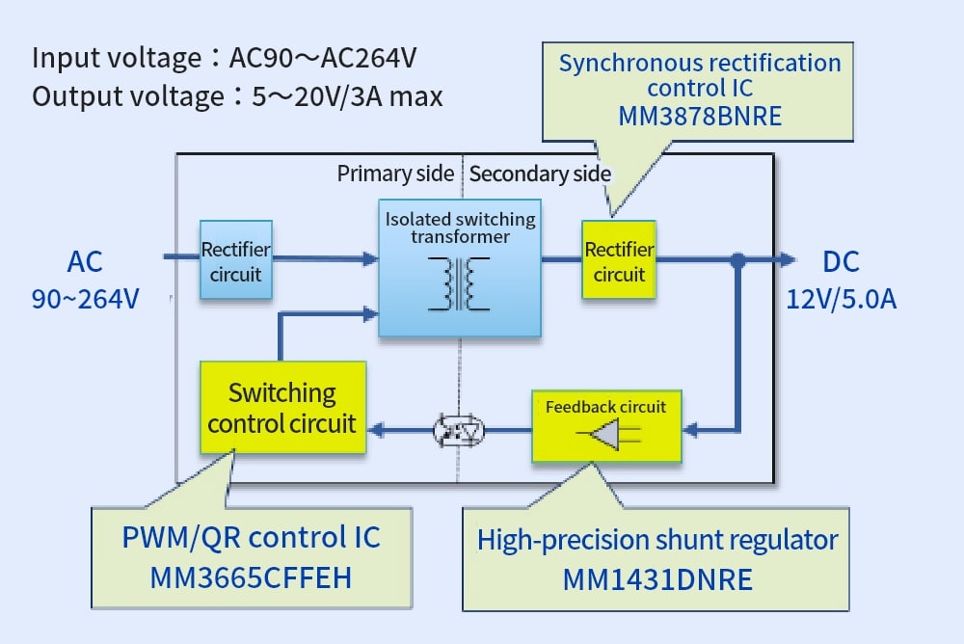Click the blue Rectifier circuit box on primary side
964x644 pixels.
pyautogui.click(x=235, y=261)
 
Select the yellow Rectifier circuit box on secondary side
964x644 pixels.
pyautogui.click(x=618, y=261)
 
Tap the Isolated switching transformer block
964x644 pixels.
pyautogui.click(x=460, y=269)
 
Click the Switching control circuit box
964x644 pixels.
pyautogui.click(x=282, y=408)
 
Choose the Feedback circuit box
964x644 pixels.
pyautogui.click(x=605, y=425)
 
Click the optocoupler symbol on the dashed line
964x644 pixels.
pyautogui.click(x=459, y=430)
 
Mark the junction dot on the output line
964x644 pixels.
pyautogui.click(x=737, y=259)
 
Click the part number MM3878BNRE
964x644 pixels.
pyautogui.click(x=700, y=114)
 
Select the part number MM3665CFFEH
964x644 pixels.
pyautogui.click(x=251, y=577)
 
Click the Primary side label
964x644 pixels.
pyautogui.click(x=395, y=174)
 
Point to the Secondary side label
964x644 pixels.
pyautogui.click(x=540, y=174)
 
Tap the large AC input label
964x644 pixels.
pyautogui.click(x=85, y=261)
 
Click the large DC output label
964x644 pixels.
pyautogui.click(x=841, y=261)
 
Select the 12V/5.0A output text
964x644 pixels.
pyautogui.click(x=841, y=299)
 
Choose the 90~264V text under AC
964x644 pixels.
pyautogui.click(x=85, y=299)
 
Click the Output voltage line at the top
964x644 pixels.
pyautogui.click(x=237, y=96)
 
